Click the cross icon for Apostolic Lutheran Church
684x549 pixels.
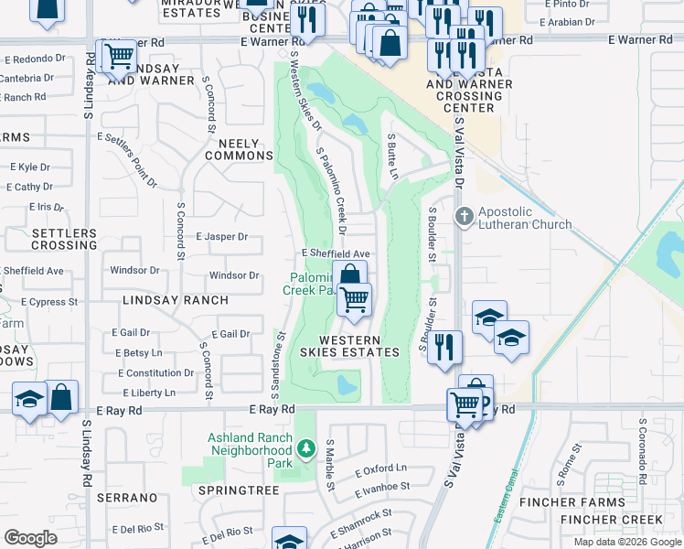pos(464,216)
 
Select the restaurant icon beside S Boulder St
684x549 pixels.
pos(444,348)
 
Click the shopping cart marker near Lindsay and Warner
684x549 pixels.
pos(118,56)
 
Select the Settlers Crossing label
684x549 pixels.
pos(64,240)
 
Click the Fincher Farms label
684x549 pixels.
pos(572,502)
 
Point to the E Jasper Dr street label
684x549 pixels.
pos(221,237)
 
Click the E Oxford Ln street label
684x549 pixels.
pos(380,469)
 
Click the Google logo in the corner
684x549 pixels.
pos(31,538)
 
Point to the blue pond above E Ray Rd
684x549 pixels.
pos(347,385)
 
